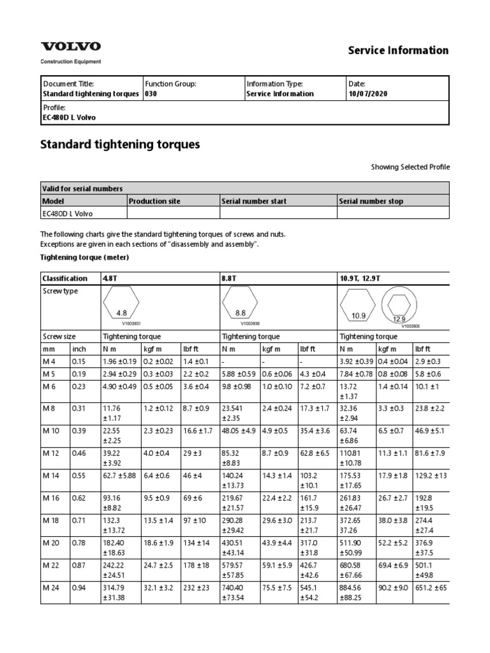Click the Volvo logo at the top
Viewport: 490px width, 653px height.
click(x=71, y=47)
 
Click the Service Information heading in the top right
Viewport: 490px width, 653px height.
click(x=397, y=50)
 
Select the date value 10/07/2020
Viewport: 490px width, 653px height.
click(x=367, y=94)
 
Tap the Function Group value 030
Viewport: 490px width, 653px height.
click(x=151, y=94)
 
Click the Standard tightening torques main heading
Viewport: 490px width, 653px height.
click(x=121, y=145)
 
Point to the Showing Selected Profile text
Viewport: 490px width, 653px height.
click(x=410, y=167)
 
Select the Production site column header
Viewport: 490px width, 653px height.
click(x=154, y=202)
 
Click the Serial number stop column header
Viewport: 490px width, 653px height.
click(x=371, y=202)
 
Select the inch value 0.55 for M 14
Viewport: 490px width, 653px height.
click(x=80, y=476)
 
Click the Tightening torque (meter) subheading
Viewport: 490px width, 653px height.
click(x=85, y=257)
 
